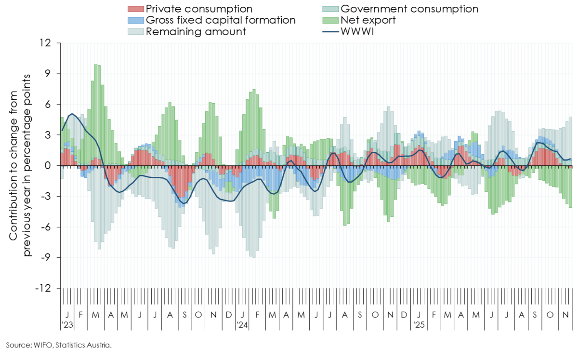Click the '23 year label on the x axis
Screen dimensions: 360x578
[67, 325]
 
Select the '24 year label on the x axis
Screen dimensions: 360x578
[242, 325]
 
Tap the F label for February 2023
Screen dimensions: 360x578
[81, 315]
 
